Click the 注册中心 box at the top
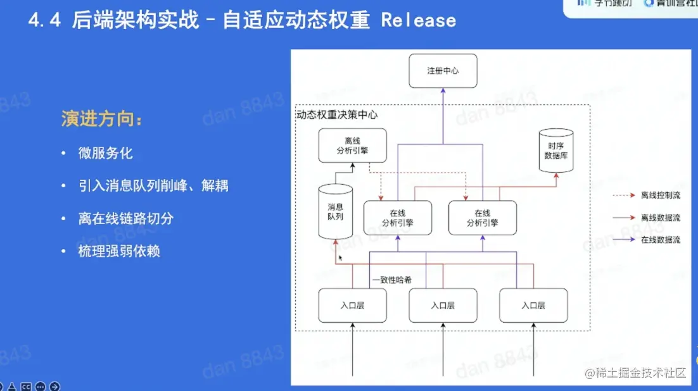click(443, 71)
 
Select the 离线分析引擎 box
click(352, 146)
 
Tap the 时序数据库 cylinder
click(555, 151)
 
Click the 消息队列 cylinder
click(335, 212)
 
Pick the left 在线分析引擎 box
click(398, 218)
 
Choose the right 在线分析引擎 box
click(482, 218)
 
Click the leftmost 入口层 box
click(352, 305)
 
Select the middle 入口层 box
click(443, 305)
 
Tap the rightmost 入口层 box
click(533, 305)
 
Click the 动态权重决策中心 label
click(337, 115)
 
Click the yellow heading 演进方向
click(101, 119)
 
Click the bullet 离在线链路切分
click(126, 219)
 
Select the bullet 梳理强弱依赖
click(119, 251)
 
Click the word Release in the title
click(419, 20)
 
